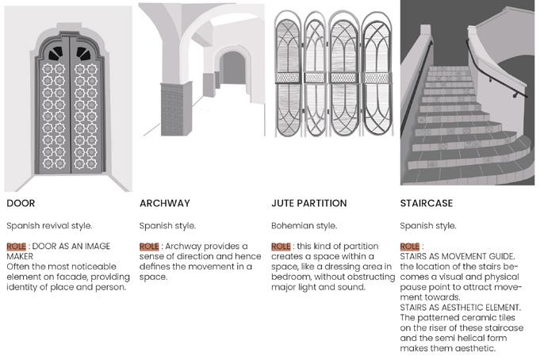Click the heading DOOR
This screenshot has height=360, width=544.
pos(21,203)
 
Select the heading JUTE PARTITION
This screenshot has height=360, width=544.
pos(307,203)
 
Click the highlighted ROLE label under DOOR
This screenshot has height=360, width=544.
pos(17,247)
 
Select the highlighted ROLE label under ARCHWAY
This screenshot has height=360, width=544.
pos(149,247)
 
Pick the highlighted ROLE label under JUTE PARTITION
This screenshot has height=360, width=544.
pos(281,247)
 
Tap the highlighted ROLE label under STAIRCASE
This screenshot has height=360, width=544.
pos(410,247)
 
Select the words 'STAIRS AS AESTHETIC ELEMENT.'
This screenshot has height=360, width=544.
pos(461,307)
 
